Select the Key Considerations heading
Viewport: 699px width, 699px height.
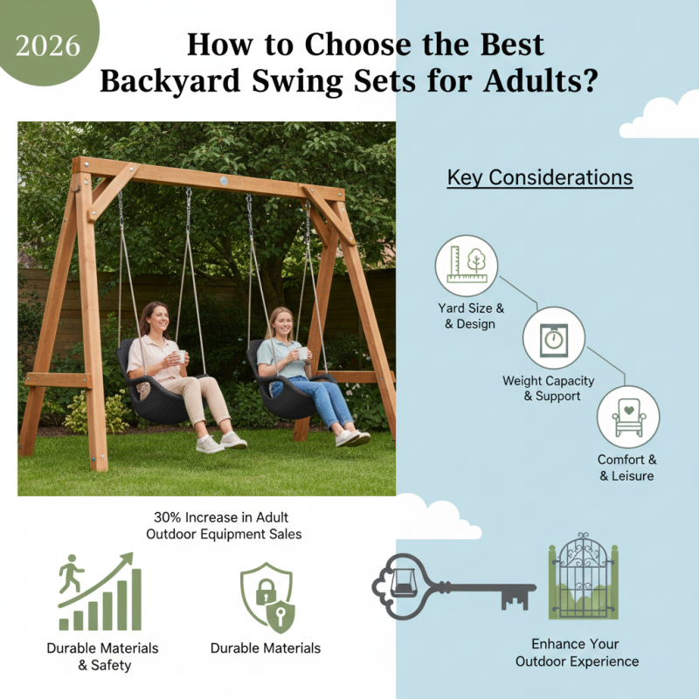click(x=540, y=177)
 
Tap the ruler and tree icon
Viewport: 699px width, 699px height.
click(x=466, y=266)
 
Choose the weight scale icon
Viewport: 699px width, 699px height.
click(x=553, y=338)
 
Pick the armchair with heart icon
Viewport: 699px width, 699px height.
click(x=628, y=417)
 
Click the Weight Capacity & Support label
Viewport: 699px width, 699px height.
click(x=548, y=389)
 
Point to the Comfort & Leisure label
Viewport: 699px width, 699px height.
click(x=626, y=467)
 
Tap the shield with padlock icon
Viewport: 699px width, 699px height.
click(x=267, y=598)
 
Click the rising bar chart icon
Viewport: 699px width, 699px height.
click(x=99, y=593)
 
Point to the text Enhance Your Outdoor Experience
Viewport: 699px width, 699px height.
click(x=577, y=653)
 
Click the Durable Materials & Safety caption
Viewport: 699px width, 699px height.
click(x=103, y=656)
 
